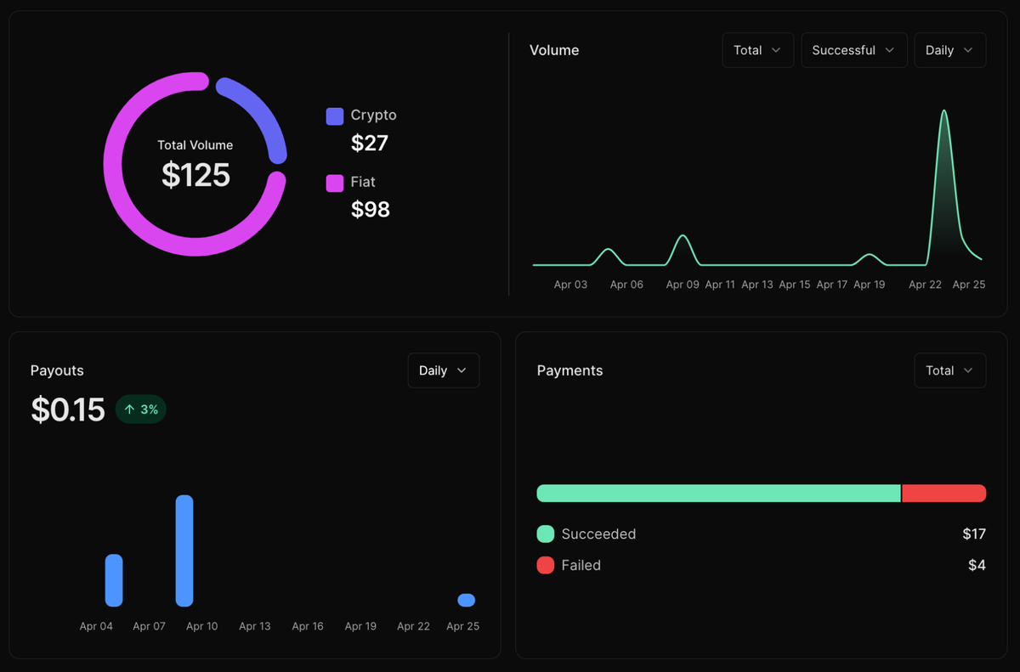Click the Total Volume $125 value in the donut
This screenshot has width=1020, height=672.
point(195,175)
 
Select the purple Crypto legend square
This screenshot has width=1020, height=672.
point(335,116)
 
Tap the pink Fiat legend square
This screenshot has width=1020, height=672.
point(335,183)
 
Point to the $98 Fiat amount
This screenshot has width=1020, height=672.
point(371,210)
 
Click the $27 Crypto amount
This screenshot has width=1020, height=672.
point(370,144)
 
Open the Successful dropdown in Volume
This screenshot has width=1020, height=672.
point(853,50)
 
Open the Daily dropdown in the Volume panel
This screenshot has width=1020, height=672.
point(949,50)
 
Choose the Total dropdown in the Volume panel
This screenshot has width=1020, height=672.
point(757,50)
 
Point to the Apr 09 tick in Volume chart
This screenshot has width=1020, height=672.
point(683,285)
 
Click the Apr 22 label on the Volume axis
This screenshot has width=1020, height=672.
point(925,285)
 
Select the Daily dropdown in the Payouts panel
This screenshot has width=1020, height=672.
point(443,370)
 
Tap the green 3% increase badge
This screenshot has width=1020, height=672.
point(141,409)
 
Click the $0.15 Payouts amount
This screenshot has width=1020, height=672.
point(68,409)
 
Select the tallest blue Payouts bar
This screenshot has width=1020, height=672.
point(184,551)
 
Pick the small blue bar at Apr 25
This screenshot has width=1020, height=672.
point(466,600)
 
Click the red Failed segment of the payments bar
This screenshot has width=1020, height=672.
point(943,494)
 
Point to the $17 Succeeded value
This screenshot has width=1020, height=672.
point(973,534)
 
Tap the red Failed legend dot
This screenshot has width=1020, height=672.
point(546,565)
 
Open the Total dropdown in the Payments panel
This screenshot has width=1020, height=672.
point(949,370)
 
